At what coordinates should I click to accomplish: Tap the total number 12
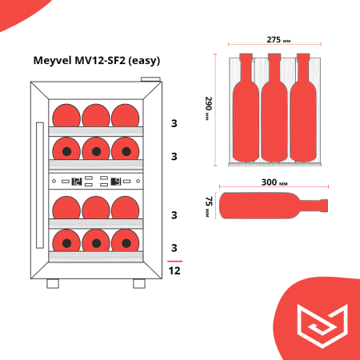pyautogui.click(x=174, y=271)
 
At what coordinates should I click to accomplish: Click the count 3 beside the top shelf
pyautogui.click(x=174, y=123)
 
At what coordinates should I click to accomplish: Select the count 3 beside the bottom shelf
pyautogui.click(x=174, y=247)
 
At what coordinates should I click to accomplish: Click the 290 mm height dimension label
pyautogui.click(x=208, y=108)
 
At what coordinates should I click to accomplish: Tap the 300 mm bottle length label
pyautogui.click(x=274, y=182)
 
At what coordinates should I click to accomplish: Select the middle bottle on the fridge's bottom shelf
pyautogui.click(x=96, y=240)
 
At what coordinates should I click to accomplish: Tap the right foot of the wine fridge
pyautogui.click(x=139, y=283)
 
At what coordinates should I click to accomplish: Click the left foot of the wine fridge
pyautogui.click(x=53, y=283)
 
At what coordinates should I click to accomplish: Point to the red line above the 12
pyautogui.click(x=174, y=261)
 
